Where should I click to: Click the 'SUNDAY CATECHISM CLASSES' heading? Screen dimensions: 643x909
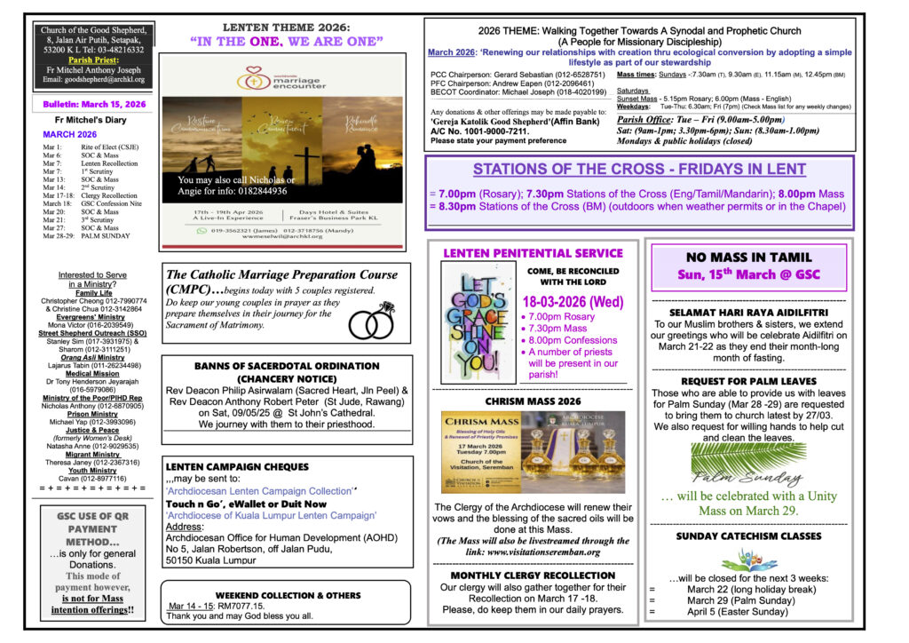tap(747, 536)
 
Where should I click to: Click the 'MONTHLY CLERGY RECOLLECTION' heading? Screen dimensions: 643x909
tap(532, 575)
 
